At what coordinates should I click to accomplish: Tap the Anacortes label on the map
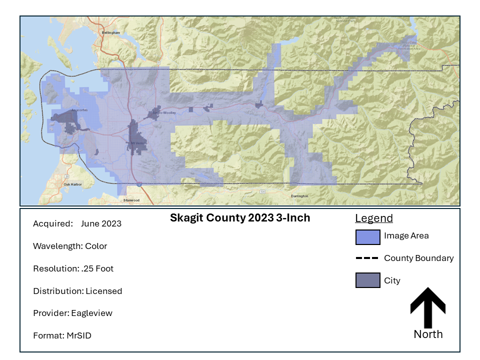(65, 109)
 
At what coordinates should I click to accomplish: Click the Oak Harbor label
(72, 184)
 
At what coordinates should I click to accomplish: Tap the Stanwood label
(131, 200)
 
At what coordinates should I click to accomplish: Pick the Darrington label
(299, 196)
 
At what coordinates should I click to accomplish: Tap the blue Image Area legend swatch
(368, 237)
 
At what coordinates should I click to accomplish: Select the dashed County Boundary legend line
(367, 258)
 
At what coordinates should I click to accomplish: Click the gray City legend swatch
(368, 280)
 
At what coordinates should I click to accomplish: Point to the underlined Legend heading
(374, 218)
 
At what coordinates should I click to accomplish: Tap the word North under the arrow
(428, 334)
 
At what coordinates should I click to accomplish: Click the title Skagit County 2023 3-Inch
(240, 218)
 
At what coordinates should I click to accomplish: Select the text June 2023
(101, 223)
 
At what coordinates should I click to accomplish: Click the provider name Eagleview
(92, 313)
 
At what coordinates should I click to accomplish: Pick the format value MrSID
(78, 335)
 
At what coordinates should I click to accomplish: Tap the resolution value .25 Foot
(97, 268)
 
